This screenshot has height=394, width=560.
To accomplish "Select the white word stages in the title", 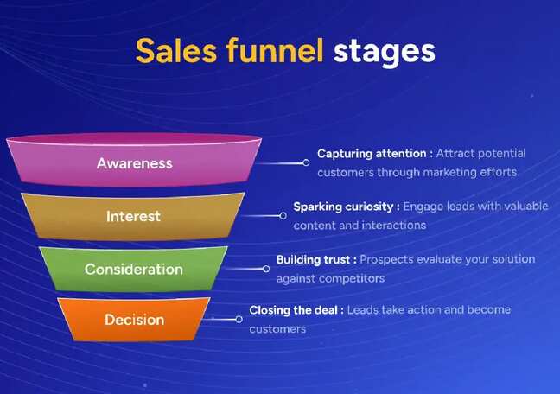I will pyautogui.click(x=385, y=51).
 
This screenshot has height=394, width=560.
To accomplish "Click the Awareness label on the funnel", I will pyautogui.click(x=134, y=163).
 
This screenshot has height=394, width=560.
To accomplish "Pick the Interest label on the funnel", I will pyautogui.click(x=133, y=216).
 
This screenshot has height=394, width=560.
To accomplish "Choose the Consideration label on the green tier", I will pyautogui.click(x=133, y=269).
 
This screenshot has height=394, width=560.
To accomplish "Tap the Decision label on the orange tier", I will pyautogui.click(x=133, y=320).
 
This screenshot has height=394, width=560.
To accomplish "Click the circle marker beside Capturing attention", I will pyautogui.click(x=306, y=162).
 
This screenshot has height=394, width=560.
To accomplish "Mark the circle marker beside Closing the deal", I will pyautogui.click(x=239, y=319).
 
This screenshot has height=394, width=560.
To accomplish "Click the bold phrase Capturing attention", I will pyautogui.click(x=372, y=154).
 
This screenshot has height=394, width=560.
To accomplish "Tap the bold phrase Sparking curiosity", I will pyautogui.click(x=344, y=207).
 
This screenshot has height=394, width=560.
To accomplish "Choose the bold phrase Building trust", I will pyautogui.click(x=314, y=259).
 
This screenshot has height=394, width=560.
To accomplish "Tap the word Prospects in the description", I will pyautogui.click(x=387, y=259).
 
